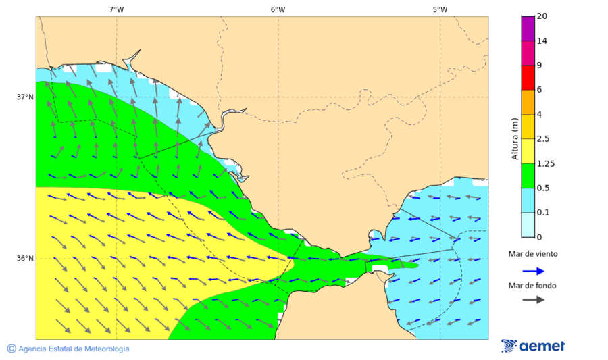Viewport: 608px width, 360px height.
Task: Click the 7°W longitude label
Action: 116,9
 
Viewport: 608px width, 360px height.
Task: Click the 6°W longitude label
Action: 278,9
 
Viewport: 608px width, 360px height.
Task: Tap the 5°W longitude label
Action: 440,9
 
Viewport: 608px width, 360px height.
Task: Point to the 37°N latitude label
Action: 25,97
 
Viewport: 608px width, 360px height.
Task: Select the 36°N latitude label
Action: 25,259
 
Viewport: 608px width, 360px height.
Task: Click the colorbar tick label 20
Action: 542,16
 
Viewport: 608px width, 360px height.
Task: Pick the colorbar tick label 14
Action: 542,41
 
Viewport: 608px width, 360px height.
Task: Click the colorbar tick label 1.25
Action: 545,163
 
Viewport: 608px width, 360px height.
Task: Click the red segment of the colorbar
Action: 528,77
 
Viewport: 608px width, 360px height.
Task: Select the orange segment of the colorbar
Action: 528,102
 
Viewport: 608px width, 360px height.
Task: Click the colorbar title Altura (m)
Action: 515,139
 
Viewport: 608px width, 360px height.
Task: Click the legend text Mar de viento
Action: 533,254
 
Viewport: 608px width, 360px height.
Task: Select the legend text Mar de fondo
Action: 533,285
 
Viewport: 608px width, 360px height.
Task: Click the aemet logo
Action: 533,346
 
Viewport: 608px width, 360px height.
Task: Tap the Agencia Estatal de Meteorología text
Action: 74,349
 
